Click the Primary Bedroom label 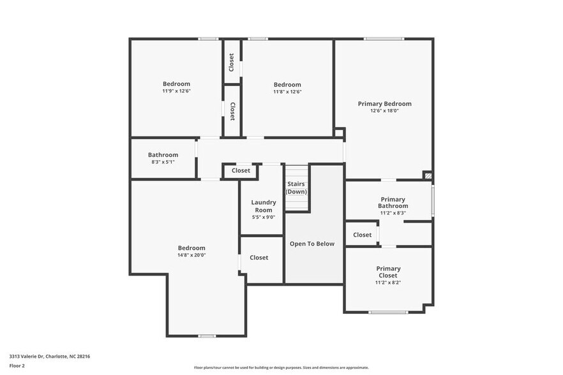pyautogui.click(x=384, y=103)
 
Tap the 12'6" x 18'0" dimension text pyautogui.click(x=384, y=111)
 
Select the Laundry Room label pyautogui.click(x=264, y=206)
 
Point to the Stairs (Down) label pyautogui.click(x=296, y=187)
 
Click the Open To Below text pyautogui.click(x=312, y=244)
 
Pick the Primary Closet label pyautogui.click(x=388, y=272)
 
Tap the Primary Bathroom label pyautogui.click(x=393, y=202)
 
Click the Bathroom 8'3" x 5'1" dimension pyautogui.click(x=163, y=162)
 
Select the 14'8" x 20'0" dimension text pyautogui.click(x=191, y=255)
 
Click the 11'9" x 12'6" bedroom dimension pyautogui.click(x=176, y=91)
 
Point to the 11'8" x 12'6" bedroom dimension pyautogui.click(x=287, y=92)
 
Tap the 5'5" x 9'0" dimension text pyautogui.click(x=264, y=217)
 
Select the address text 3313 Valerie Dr pyautogui.click(x=50, y=357)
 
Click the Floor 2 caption pyautogui.click(x=17, y=365)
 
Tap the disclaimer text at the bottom pyautogui.click(x=281, y=367)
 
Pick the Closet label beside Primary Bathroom pyautogui.click(x=362, y=235)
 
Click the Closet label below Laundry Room pyautogui.click(x=259, y=258)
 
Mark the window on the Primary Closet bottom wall pyautogui.click(x=388, y=312)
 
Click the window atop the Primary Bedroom pyautogui.click(x=384, y=39)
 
